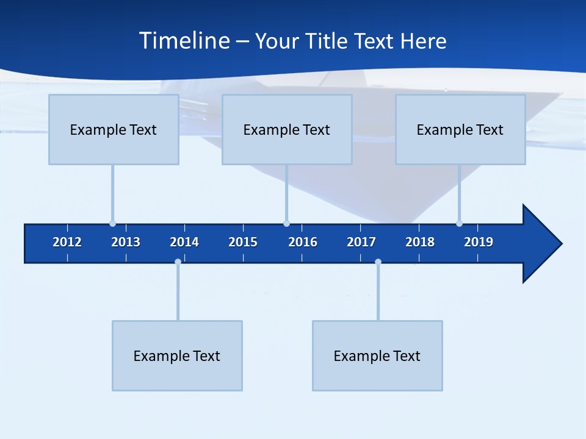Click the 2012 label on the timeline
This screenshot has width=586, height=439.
tap(67, 242)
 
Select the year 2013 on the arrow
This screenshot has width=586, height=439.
tap(126, 242)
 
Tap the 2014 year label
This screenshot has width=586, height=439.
tap(184, 242)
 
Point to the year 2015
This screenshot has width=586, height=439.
tap(243, 242)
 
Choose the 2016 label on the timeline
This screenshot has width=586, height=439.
tap(303, 242)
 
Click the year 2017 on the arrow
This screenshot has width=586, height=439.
tap(361, 242)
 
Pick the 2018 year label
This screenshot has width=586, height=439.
tap(420, 242)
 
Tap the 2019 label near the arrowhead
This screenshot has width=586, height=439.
tap(479, 242)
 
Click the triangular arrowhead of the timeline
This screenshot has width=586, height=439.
tap(540, 244)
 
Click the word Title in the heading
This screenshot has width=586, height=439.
tap(327, 41)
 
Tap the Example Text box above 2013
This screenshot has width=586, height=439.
tap(114, 129)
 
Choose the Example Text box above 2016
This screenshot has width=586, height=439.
tap(287, 129)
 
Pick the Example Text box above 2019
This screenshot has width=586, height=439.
tap(460, 129)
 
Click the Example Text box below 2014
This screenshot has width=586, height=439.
tap(177, 355)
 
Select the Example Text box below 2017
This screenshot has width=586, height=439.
tap(377, 355)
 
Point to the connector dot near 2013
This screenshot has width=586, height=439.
tap(112, 223)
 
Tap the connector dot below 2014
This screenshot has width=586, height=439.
tap(178, 262)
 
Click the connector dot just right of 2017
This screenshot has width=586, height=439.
tap(378, 262)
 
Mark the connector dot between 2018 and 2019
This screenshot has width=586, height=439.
tap(459, 223)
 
